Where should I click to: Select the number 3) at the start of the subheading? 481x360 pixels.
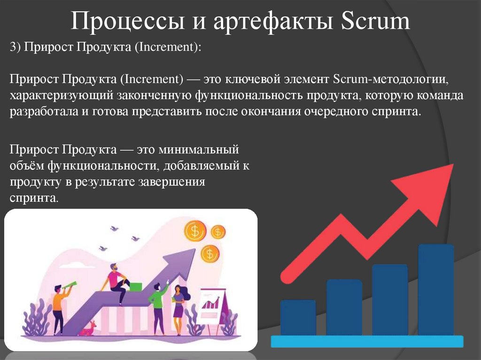click(x=16, y=47)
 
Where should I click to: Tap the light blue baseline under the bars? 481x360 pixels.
click(x=367, y=341)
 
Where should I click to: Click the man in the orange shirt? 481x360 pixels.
click(x=58, y=307)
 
